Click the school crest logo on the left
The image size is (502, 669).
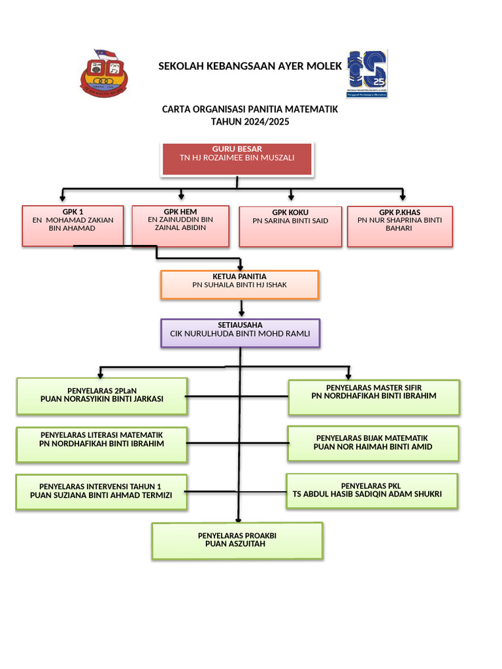click(103, 73)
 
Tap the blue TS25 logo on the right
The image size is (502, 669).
click(367, 73)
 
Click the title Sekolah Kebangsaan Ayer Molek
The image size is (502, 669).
click(249, 67)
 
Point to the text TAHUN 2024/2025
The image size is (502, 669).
click(250, 122)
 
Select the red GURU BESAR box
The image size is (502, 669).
click(237, 159)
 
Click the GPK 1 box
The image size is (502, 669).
click(73, 226)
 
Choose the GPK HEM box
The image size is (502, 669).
click(180, 226)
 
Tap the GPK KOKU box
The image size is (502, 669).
click(290, 227)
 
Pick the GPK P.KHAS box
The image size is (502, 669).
click(399, 226)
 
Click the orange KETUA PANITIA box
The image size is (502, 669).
click(239, 284)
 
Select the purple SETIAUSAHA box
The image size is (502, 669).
click(240, 333)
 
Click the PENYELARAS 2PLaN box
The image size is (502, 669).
click(102, 396)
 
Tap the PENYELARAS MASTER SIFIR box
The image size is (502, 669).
click(373, 397)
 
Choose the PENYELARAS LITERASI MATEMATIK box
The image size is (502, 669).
click(102, 444)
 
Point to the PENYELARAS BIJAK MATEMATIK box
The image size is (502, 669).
click(373, 444)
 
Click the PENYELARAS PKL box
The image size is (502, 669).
click(371, 491)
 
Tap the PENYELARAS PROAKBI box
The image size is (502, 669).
click(237, 540)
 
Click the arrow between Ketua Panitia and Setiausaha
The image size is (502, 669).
click(242, 308)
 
